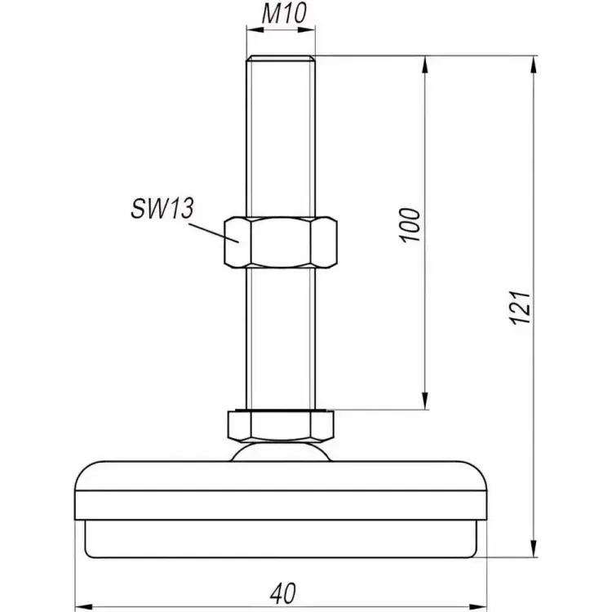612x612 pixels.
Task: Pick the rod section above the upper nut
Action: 281,139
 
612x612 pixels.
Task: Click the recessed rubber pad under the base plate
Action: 282,539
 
